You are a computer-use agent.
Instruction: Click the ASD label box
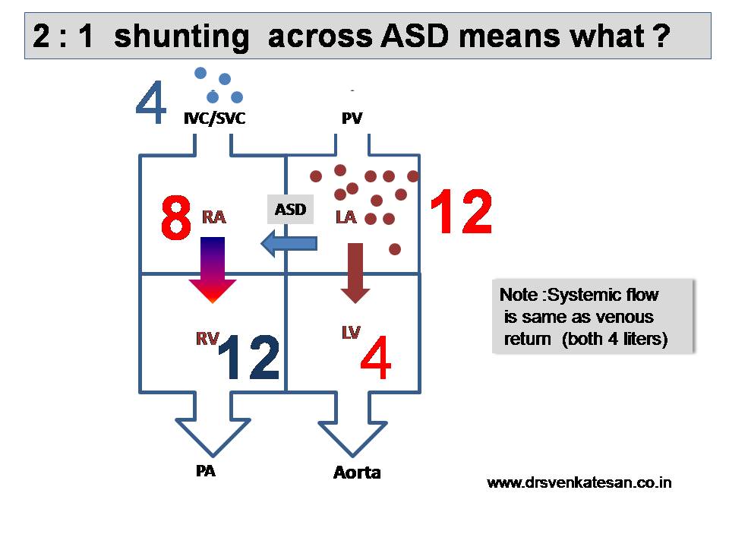pyautogui.click(x=290, y=210)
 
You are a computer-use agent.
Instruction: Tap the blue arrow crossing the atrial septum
pyautogui.click(x=289, y=243)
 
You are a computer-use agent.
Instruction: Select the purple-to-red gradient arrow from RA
pyautogui.click(x=213, y=270)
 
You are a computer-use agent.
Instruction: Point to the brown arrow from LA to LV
pyautogui.click(x=355, y=273)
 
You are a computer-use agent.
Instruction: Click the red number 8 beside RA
pyautogui.click(x=175, y=217)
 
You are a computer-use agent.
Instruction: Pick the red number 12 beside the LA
pyautogui.click(x=461, y=211)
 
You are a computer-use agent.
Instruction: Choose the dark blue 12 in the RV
pyautogui.click(x=249, y=357)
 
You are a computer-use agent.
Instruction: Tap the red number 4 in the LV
pyautogui.click(x=376, y=357)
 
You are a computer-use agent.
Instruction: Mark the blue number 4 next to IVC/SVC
pyautogui.click(x=151, y=103)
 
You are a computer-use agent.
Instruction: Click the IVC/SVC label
pyautogui.click(x=214, y=119)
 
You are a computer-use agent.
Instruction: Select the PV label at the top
pyautogui.click(x=352, y=119)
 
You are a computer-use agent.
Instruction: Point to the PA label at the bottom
pyautogui.click(x=206, y=471)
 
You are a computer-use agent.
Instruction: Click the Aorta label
pyautogui.click(x=357, y=473)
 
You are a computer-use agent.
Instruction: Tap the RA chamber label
pyautogui.click(x=214, y=217)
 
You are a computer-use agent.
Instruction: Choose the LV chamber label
pyautogui.click(x=351, y=332)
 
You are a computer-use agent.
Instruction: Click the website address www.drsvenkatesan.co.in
pyautogui.click(x=579, y=482)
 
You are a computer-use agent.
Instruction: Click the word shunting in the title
pyautogui.click(x=181, y=36)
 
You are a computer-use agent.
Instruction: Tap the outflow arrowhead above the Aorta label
pyautogui.click(x=353, y=438)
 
